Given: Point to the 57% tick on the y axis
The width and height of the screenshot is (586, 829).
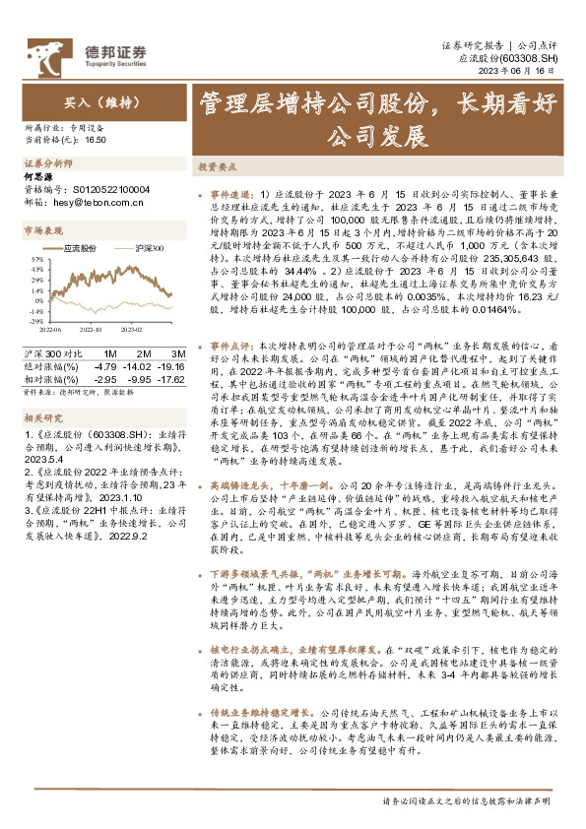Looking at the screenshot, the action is click(36, 265).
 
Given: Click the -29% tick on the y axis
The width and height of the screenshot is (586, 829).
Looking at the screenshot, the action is click(35, 321).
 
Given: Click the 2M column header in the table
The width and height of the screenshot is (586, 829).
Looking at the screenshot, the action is click(144, 352).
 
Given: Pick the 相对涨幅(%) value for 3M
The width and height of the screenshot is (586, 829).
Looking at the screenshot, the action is click(173, 376).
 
